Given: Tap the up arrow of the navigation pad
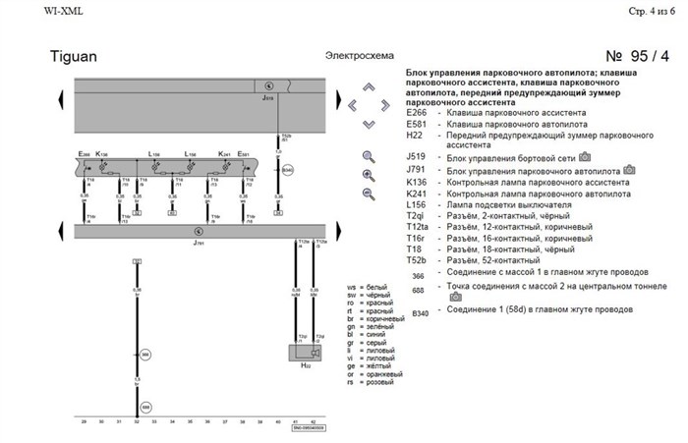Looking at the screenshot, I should (369, 85).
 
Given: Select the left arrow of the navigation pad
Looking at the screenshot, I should (351, 102).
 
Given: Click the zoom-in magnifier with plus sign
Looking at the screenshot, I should (370, 175).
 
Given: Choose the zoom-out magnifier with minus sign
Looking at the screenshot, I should (370, 194).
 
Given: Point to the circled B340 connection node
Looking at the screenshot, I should (287, 170).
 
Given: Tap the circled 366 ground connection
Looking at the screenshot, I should (145, 352).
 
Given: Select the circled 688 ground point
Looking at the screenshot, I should (145, 406).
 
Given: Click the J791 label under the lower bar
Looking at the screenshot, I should (199, 241).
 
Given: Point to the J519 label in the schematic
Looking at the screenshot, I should (267, 98).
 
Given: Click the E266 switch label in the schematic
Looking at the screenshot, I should (84, 155).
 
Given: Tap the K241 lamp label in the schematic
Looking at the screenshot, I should (224, 155).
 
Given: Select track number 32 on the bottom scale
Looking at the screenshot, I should (137, 420).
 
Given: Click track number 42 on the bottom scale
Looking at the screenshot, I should (312, 420).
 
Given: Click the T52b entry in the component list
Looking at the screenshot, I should (418, 259).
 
